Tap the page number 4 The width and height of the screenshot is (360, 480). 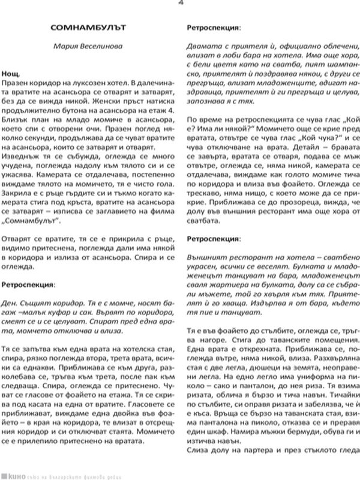pos(181,3)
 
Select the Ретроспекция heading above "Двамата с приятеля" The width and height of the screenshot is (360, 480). pos(214,28)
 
